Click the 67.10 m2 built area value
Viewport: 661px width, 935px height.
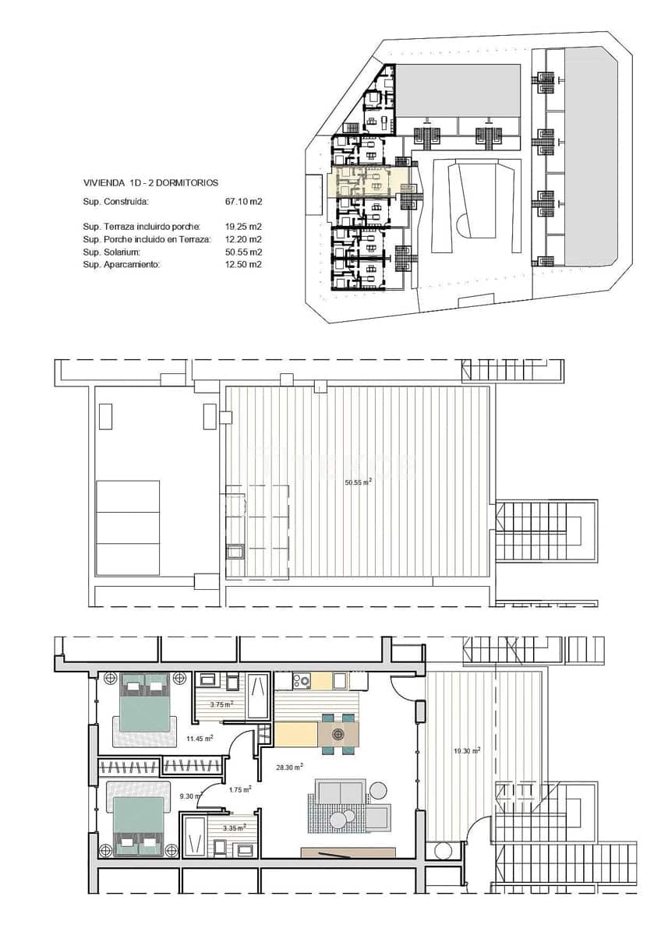(242, 202)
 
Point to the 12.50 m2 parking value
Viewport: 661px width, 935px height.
(242, 264)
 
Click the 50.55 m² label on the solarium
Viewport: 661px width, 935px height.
(358, 482)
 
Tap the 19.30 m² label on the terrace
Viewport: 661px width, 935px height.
(467, 750)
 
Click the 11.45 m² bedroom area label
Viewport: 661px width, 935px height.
(200, 738)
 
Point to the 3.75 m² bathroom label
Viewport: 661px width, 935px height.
(222, 704)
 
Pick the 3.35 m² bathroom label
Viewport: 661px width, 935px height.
(234, 828)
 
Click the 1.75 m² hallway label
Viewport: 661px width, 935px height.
(239, 789)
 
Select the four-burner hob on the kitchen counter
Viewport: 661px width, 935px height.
(302, 681)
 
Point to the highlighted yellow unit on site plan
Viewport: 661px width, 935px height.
(371, 184)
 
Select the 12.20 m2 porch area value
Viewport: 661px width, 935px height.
(242, 239)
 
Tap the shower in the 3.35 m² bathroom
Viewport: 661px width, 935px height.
(195, 836)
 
